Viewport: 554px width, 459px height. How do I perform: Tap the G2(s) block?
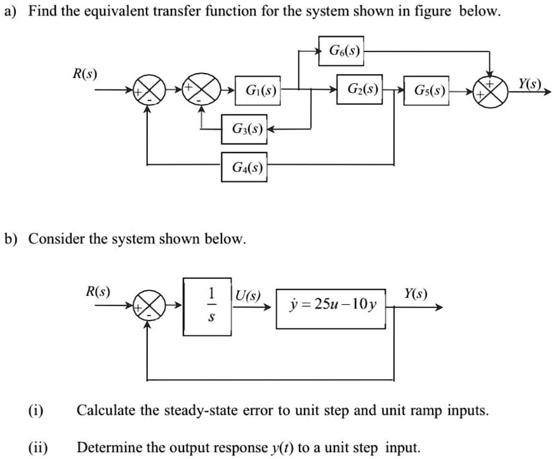click(x=360, y=91)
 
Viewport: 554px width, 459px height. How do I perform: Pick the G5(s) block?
click(x=428, y=94)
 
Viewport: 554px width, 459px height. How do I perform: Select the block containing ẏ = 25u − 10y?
click(x=331, y=306)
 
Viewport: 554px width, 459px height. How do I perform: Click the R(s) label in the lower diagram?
click(x=98, y=292)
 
